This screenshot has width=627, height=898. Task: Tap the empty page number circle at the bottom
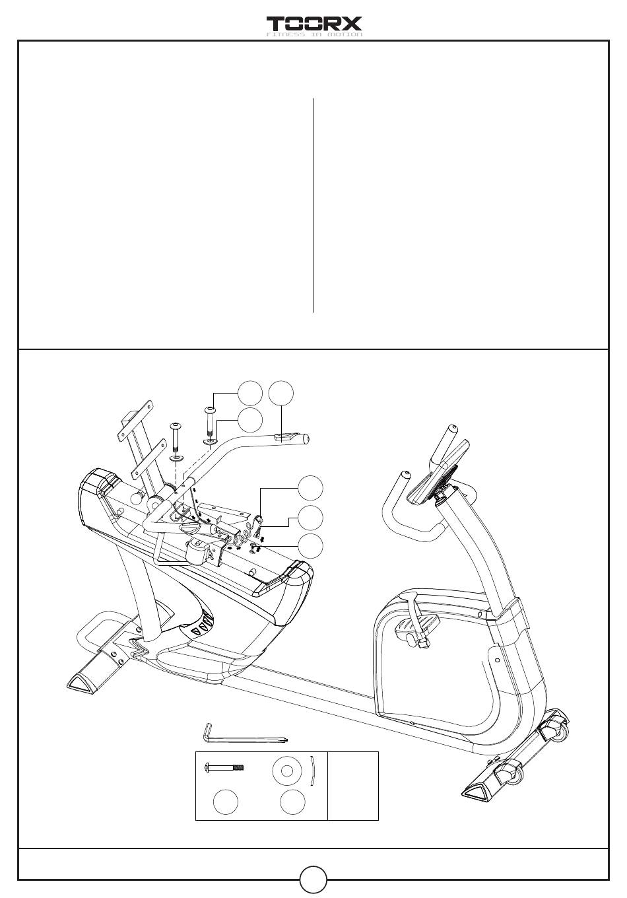tap(313, 880)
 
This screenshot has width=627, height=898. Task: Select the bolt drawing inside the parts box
tap(224, 768)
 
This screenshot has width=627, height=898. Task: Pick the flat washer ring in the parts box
tap(287, 771)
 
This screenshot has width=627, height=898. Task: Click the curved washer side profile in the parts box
tap(312, 771)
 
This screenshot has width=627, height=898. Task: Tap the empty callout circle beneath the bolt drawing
tap(226, 802)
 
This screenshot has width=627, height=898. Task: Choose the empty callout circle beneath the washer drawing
tap(292, 802)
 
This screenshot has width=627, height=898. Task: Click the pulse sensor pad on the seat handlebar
tap(285, 437)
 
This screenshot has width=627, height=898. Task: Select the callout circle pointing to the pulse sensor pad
tap(281, 394)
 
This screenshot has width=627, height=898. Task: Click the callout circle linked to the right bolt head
tap(250, 394)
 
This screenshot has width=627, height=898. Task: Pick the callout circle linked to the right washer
tap(250, 420)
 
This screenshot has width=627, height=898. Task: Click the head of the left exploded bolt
tap(175, 425)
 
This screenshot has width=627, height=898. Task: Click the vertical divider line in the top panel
tap(313, 205)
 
